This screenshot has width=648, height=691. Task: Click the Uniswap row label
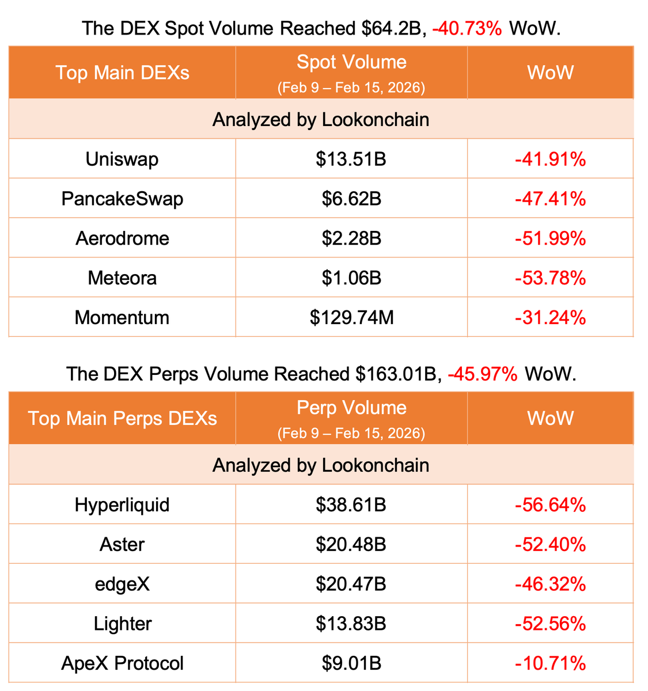point(122,159)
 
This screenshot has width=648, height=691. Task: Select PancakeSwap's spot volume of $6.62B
point(351,199)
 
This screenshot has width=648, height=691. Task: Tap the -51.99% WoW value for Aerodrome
point(550,238)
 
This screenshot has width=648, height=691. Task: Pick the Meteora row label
point(122,278)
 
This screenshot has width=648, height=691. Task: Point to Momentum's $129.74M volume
point(351,317)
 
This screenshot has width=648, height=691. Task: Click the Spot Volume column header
point(351,63)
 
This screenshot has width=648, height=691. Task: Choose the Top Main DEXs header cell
point(122,73)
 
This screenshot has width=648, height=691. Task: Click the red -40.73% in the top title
point(467,28)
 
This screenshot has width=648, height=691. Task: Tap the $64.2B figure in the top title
point(394,28)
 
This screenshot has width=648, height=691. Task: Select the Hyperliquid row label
point(122,505)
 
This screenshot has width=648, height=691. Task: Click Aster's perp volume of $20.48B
point(351,544)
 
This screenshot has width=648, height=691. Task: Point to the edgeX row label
point(122,584)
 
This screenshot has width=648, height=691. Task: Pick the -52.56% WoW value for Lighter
point(550,624)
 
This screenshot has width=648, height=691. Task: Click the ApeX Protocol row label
point(122,663)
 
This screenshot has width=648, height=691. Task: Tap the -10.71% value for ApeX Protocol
point(550,663)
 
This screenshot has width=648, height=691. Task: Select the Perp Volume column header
point(351,408)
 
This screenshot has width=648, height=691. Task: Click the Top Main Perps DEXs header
point(122,419)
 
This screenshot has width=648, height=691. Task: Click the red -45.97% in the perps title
point(483,374)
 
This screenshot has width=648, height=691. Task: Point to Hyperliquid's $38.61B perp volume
point(351,505)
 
